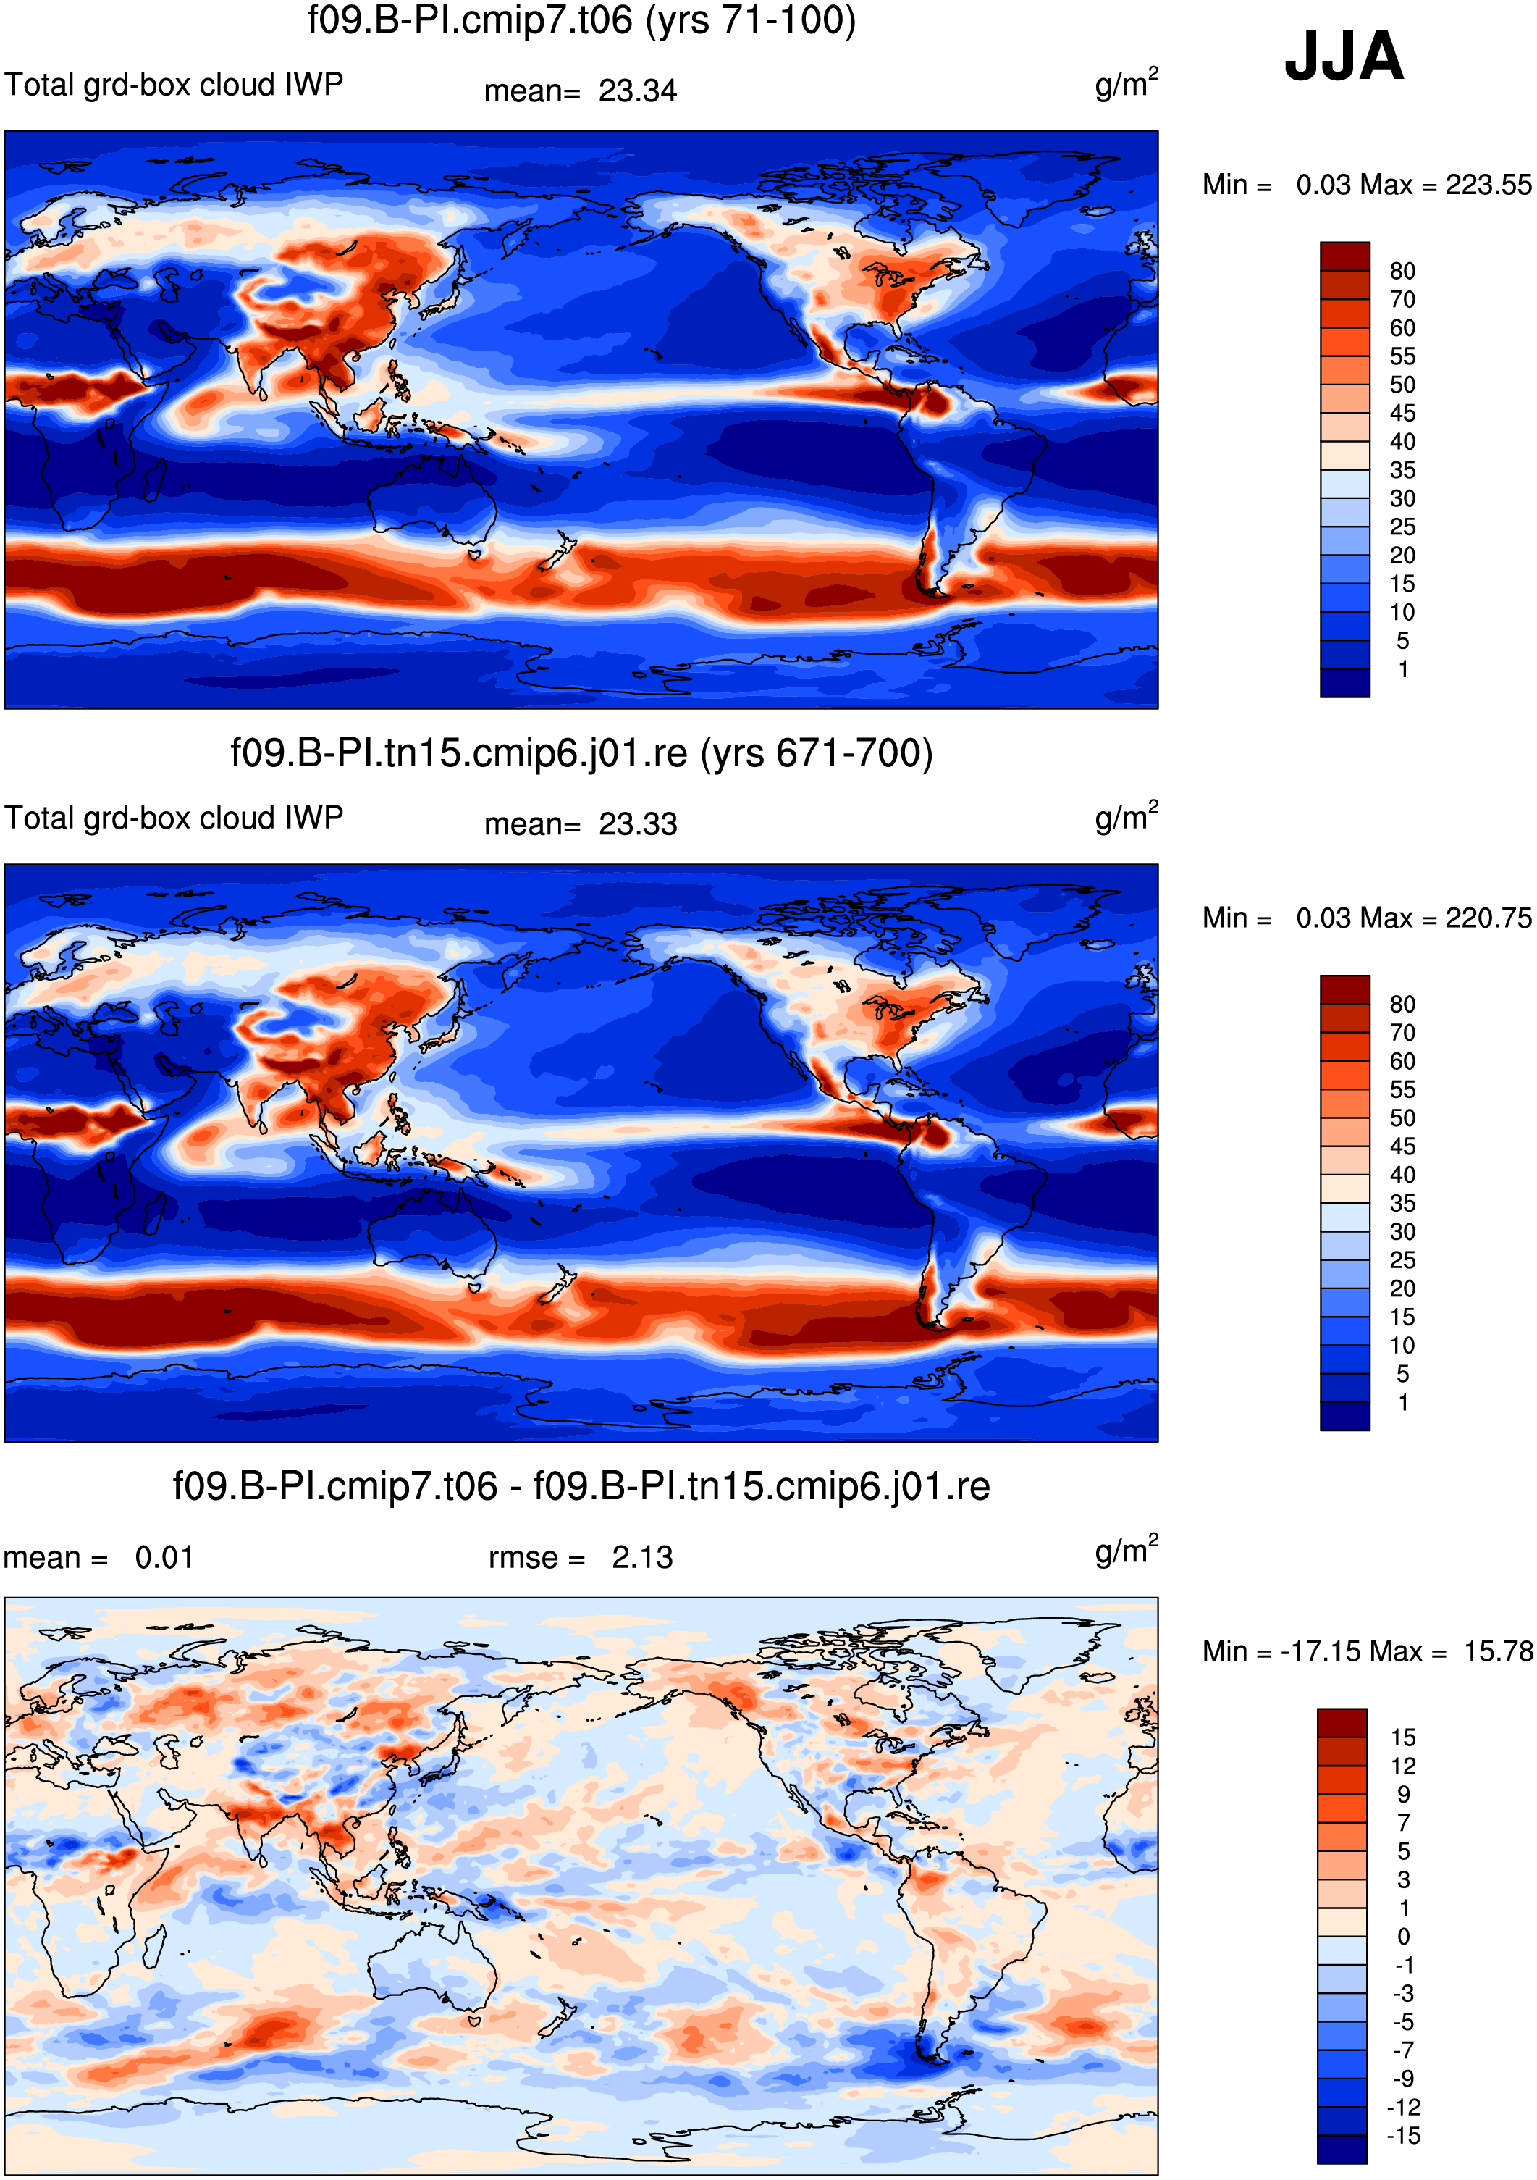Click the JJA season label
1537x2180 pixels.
pos(1343,57)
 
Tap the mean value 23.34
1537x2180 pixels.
pos(637,91)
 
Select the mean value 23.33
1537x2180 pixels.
pos(637,824)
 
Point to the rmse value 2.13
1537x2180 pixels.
pos(641,1557)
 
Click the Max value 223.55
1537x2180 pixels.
pos(1488,184)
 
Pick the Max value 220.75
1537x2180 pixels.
pos(1488,917)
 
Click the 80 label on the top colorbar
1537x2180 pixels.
pos(1402,272)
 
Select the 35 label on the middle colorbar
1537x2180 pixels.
pos(1402,1204)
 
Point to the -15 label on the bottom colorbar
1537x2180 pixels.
pos(1403,2137)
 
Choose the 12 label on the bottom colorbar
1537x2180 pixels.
pos(1403,1766)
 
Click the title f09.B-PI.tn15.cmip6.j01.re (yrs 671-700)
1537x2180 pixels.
pos(581,754)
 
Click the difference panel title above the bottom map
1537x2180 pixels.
pos(581,1487)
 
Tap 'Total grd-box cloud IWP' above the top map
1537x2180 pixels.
pos(174,85)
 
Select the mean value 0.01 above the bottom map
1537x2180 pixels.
pos(164,1557)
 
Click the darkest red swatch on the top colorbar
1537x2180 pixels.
pos(1344,256)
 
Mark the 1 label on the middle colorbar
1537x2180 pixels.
pos(1403,1402)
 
